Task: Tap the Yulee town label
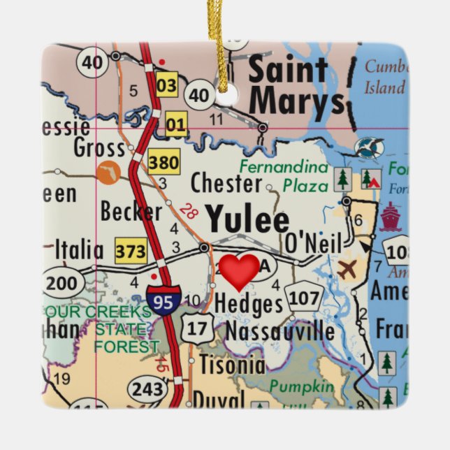pyautogui.click(x=247, y=219)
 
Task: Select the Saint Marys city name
pyautogui.click(x=297, y=87)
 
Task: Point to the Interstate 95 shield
pyautogui.click(x=164, y=298)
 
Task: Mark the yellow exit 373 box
pyautogui.click(x=131, y=250)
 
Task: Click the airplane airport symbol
pyautogui.click(x=347, y=268)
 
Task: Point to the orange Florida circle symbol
pyautogui.click(x=108, y=172)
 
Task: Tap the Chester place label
pyautogui.click(x=226, y=183)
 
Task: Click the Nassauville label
pyautogui.click(x=280, y=331)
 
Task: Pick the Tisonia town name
pyautogui.click(x=231, y=365)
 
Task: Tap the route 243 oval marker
pyautogui.click(x=147, y=388)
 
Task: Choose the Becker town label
pyautogui.click(x=131, y=211)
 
